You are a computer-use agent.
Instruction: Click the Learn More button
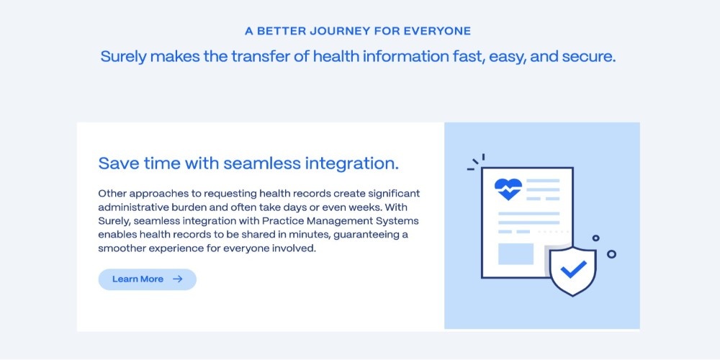pyautogui.click(x=148, y=279)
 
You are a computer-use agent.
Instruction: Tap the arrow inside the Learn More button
pyautogui.click(x=178, y=279)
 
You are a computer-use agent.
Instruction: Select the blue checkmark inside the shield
pyautogui.click(x=574, y=269)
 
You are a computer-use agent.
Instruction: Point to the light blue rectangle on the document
pyautogui.click(x=516, y=254)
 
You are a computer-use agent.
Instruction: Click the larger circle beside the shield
pyautogui.click(x=611, y=254)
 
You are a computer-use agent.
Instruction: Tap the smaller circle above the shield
pyautogui.click(x=595, y=238)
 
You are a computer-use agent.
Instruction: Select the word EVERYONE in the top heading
pyautogui.click(x=437, y=31)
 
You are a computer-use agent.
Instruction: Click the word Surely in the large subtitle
pyautogui.click(x=124, y=58)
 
